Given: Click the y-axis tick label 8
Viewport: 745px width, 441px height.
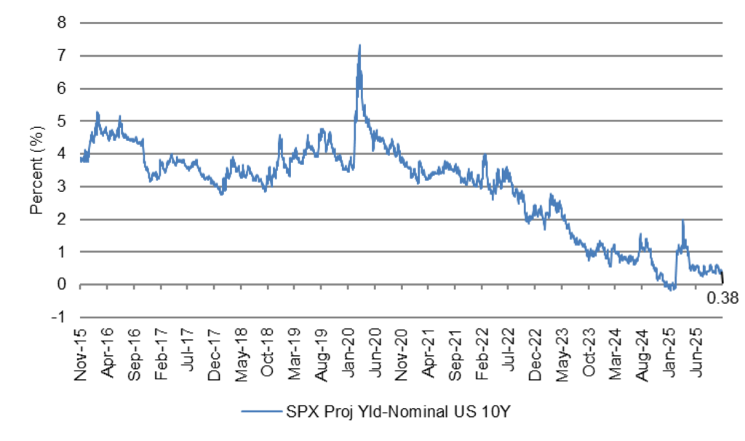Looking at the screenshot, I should (63, 23).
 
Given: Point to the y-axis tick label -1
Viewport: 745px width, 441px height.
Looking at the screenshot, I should (60, 317).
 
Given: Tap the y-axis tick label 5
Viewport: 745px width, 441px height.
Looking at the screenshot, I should (63, 121).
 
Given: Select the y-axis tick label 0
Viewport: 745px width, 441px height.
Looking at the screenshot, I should (63, 285).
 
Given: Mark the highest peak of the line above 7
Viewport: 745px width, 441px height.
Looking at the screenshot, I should (359, 46).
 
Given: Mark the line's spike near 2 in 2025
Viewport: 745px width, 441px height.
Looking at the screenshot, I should (683, 221).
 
